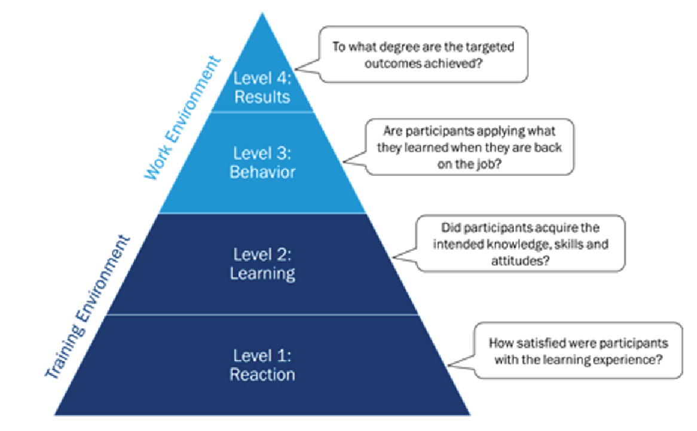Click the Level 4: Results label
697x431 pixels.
click(x=262, y=87)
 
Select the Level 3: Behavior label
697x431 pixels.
click(x=262, y=163)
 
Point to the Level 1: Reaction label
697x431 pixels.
click(x=262, y=365)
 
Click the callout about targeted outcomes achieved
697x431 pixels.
click(x=423, y=54)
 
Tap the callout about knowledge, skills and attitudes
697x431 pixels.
click(x=520, y=243)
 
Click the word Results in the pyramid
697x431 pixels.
click(x=262, y=96)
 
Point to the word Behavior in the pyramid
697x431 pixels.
click(x=262, y=172)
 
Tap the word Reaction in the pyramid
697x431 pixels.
click(x=262, y=375)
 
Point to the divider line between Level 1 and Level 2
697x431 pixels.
click(x=262, y=314)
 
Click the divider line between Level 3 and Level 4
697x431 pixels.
click(x=262, y=112)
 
